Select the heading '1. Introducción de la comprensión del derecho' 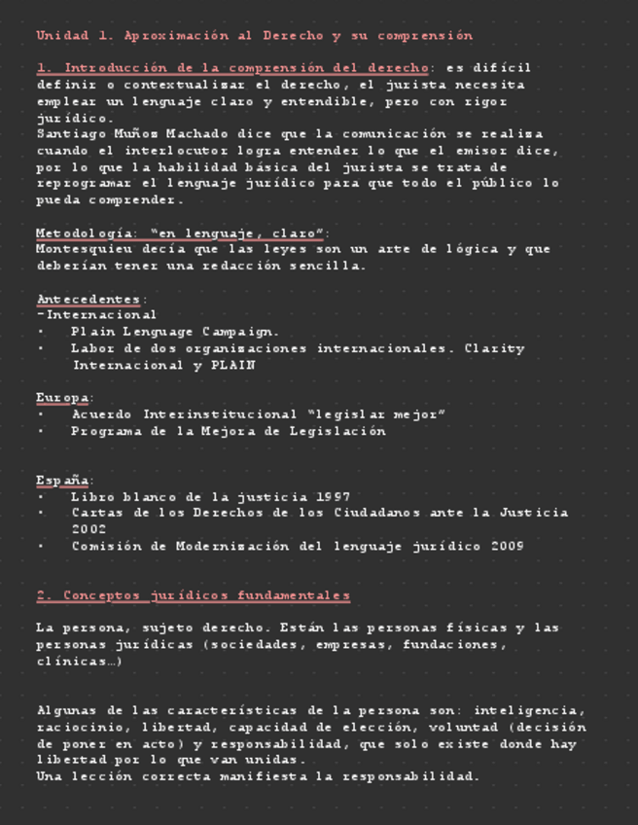pyautogui.click(x=232, y=68)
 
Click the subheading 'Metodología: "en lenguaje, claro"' pyautogui.click(x=181, y=233)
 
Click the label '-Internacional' pyautogui.click(x=96, y=315)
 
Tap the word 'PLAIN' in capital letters pyautogui.click(x=232, y=366)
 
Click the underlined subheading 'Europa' pyautogui.click(x=62, y=398)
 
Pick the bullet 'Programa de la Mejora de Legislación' pyautogui.click(x=229, y=431)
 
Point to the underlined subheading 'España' pyautogui.click(x=62, y=481)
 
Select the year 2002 pyautogui.click(x=89, y=530)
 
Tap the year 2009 pyautogui.click(x=506, y=547)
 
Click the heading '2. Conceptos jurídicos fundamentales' pyautogui.click(x=193, y=595)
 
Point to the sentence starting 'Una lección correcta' pyautogui.click(x=258, y=777)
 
